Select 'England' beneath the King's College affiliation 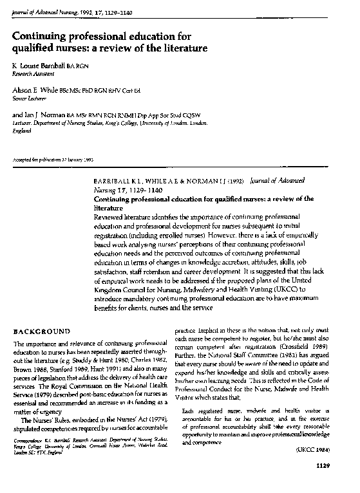(22, 129)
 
